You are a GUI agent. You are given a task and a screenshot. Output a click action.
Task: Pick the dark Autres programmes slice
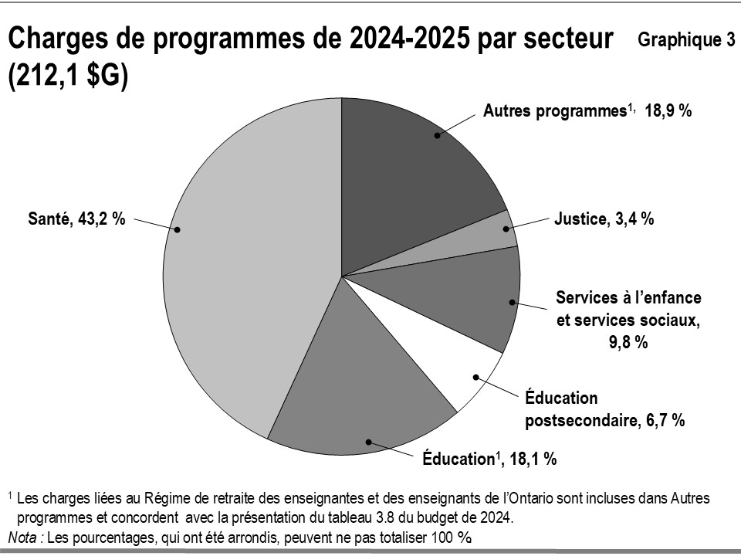417,170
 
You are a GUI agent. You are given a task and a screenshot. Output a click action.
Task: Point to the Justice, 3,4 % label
604,219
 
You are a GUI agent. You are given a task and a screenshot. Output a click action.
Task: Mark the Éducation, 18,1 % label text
489,459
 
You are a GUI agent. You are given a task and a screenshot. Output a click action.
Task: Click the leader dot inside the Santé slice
178,229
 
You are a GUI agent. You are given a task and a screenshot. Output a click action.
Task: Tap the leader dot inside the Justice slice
506,229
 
